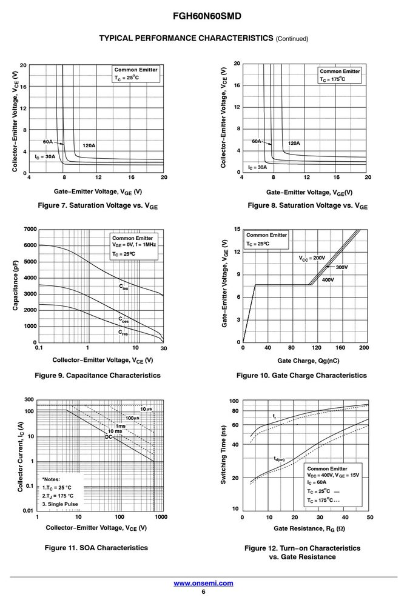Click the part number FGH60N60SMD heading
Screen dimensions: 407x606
207,16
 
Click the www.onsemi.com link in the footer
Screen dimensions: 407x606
203,583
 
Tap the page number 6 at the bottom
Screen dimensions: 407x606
204,592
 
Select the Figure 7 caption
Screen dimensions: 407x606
98,205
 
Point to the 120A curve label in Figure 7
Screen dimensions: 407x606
89,145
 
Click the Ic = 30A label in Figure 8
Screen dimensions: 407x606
257,167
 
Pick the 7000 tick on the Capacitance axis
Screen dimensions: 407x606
30,229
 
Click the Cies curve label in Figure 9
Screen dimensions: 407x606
123,287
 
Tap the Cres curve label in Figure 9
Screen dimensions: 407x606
123,332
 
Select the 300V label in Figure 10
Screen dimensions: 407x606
341,267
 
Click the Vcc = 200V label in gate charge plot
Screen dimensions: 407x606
312,258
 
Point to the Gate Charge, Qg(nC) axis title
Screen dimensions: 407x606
308,361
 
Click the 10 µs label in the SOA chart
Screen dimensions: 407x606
146,409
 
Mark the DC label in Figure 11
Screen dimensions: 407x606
109,437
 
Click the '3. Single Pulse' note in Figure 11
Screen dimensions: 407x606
60,504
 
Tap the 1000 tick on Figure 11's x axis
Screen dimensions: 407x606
161,517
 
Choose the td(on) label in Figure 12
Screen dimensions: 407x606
279,459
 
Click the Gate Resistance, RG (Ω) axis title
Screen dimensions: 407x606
309,528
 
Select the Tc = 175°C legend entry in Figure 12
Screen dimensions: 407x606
323,500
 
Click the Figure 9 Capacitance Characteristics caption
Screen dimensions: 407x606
98,375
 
